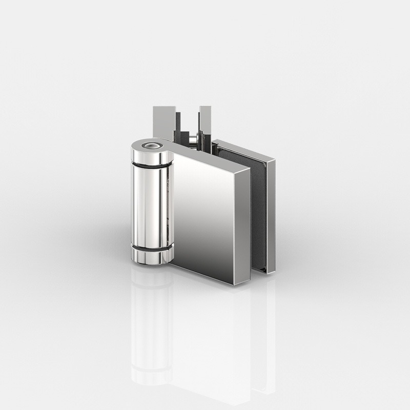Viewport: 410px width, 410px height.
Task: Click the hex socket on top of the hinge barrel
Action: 150,146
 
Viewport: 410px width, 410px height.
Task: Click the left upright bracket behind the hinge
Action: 163,120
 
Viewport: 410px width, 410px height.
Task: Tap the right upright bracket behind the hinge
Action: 205,120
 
